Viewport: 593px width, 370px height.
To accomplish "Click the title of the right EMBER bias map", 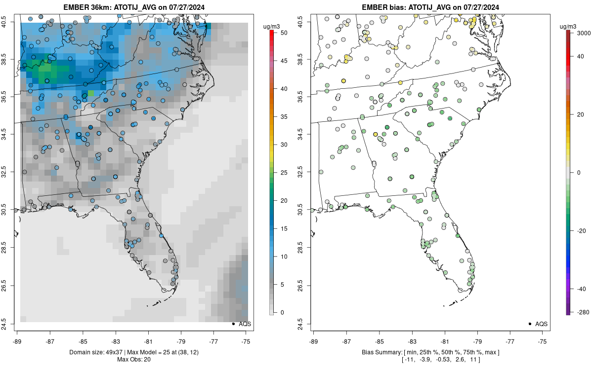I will tap(430, 7).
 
